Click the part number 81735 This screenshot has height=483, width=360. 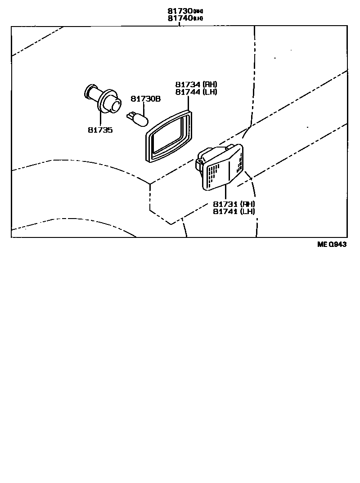(100, 130)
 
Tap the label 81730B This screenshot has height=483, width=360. (145, 98)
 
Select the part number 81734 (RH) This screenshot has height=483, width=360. (196, 84)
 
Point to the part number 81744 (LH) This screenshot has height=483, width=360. (196, 92)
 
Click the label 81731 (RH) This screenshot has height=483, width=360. (234, 204)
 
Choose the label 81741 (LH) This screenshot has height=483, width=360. (234, 211)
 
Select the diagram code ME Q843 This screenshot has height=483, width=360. (332, 244)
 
